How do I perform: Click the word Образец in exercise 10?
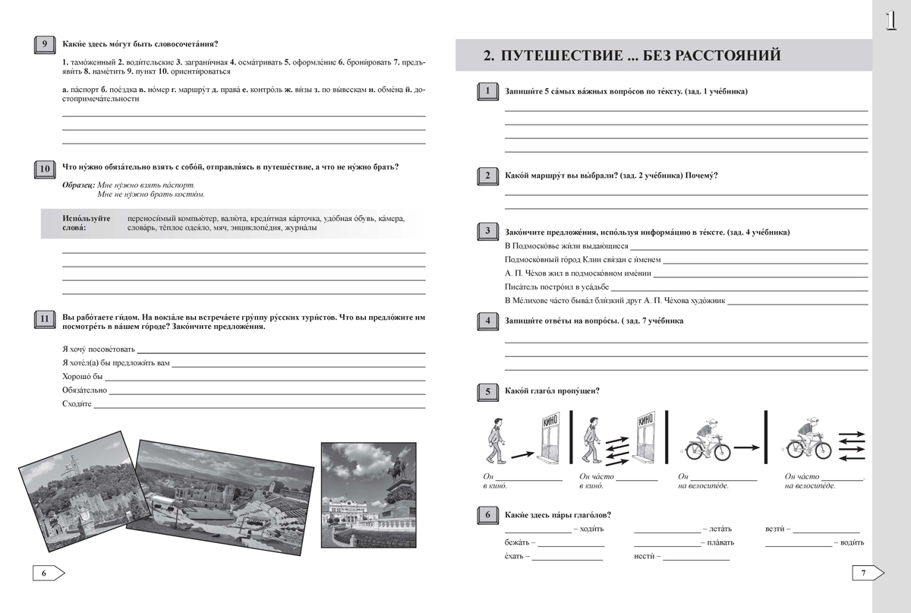tap(78, 185)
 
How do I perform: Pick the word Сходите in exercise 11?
tap(77, 404)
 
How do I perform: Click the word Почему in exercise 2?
tap(702, 175)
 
